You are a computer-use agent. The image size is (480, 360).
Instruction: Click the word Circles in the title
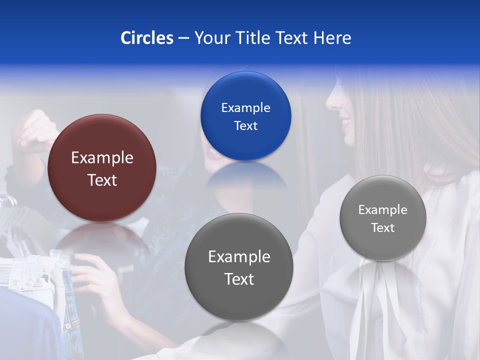tap(147, 38)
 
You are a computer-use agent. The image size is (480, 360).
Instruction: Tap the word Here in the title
tap(332, 38)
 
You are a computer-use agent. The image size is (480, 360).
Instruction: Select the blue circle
tap(245, 116)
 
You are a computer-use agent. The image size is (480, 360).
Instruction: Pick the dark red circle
tap(102, 168)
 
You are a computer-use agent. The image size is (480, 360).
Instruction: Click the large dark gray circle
tap(239, 267)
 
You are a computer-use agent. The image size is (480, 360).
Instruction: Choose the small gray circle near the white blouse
tap(383, 218)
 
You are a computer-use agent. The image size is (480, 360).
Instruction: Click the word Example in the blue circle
tap(245, 107)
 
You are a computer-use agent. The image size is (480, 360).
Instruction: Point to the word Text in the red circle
tap(102, 180)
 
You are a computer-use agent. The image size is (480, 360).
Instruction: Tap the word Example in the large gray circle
tap(239, 256)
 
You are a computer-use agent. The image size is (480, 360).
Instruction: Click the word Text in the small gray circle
tap(383, 228)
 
